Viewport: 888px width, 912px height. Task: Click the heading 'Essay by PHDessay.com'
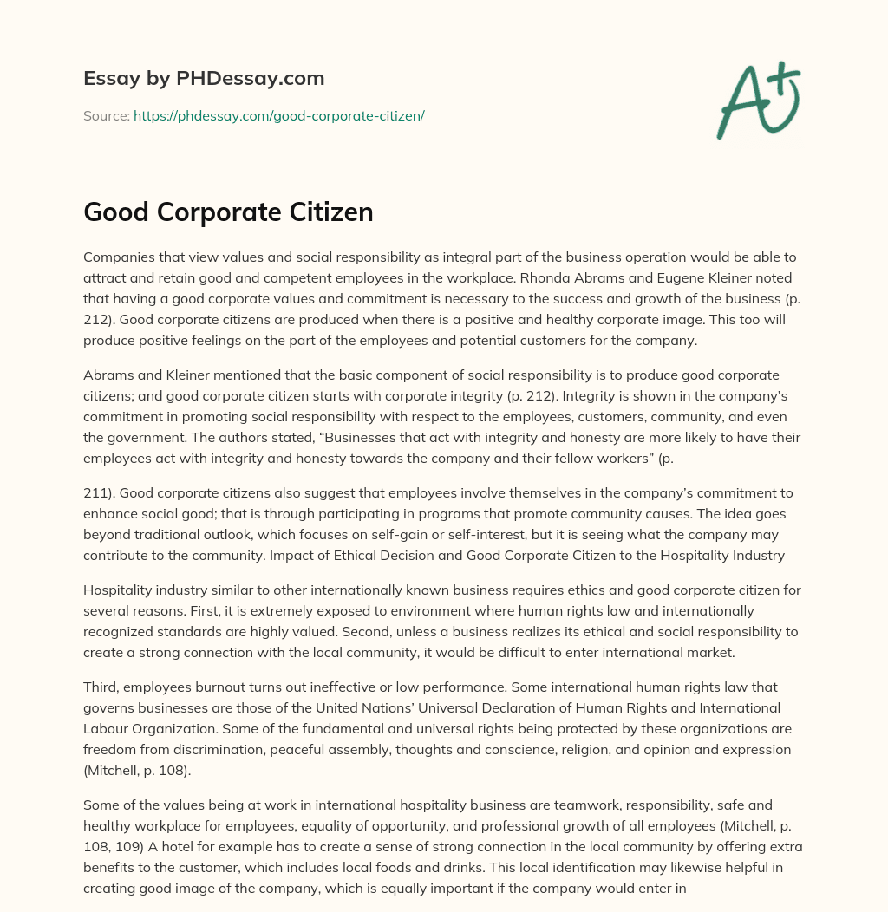click(204, 79)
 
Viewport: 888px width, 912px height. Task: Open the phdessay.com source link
click(278, 115)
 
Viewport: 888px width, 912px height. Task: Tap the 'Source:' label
click(106, 115)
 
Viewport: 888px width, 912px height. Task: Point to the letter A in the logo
click(741, 104)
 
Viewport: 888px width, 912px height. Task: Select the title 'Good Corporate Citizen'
click(228, 212)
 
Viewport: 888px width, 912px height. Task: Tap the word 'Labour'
click(107, 728)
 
